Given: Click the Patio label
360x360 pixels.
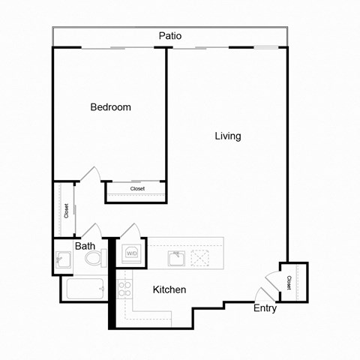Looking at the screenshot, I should (169, 36).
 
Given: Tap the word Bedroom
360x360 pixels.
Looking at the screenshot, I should (110, 107).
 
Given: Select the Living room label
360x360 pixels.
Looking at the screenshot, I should (228, 136).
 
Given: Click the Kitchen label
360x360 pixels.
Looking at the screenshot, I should (169, 289).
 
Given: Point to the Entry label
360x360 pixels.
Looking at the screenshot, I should (265, 308).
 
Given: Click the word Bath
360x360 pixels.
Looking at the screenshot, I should (85, 245).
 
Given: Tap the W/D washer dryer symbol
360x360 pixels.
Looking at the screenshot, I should (132, 253).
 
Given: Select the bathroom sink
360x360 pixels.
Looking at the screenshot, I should (63, 261).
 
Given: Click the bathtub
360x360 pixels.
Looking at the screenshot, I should (85, 289).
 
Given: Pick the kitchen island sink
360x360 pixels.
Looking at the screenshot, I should (177, 259).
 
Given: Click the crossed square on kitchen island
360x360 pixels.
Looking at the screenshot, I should (201, 259).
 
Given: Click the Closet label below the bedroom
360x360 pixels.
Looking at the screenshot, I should (137, 189).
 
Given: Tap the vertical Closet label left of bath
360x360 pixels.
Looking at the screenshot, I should (66, 211).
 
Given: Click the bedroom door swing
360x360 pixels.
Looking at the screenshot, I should (89, 174).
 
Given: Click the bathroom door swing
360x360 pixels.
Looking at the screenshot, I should (91, 231).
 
